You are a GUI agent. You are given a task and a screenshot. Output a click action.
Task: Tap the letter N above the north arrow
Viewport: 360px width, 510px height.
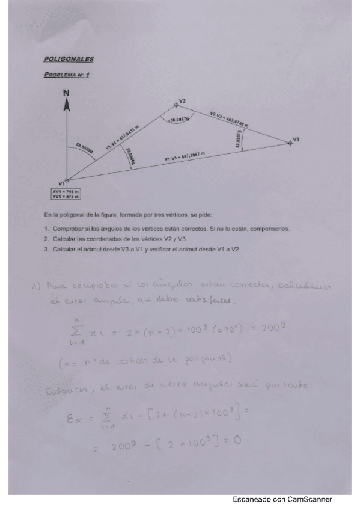coord(67,93)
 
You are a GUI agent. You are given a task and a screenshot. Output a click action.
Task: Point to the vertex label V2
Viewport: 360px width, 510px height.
coord(182,100)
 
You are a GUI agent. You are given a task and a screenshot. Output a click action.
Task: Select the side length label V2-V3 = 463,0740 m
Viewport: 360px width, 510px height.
coord(230,118)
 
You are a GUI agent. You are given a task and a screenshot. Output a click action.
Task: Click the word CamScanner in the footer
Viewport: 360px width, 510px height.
coord(311,499)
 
